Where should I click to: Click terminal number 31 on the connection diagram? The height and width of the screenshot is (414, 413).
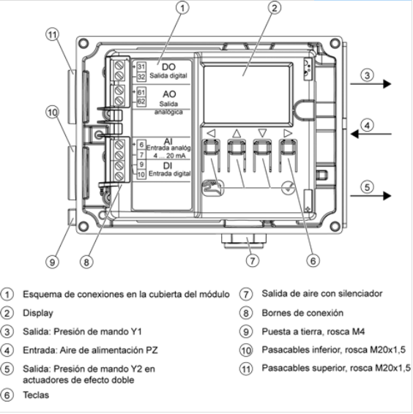point(141,67)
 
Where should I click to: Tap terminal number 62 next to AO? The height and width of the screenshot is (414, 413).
point(141,102)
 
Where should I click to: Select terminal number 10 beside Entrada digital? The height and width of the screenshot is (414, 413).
point(141,175)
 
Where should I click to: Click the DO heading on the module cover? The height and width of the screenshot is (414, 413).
point(168,67)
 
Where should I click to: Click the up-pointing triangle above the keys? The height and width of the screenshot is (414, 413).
point(237,134)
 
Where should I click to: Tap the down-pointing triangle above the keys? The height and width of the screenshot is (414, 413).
point(262,133)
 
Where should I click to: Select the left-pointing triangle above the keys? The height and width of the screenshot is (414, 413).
point(211,133)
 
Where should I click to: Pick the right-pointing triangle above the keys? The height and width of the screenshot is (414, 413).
point(288,133)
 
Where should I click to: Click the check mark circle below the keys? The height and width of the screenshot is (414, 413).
point(288,188)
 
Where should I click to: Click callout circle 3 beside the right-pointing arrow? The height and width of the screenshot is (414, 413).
point(368,75)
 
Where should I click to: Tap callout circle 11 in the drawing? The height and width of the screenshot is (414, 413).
point(52,35)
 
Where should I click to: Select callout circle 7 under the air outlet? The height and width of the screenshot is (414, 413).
point(253,260)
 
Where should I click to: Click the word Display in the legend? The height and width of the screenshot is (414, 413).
point(38,313)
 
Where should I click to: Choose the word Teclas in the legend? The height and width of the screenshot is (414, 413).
point(36,395)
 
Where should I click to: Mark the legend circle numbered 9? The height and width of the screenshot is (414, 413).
point(246,331)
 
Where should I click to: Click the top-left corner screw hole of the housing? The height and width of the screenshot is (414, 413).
point(83,43)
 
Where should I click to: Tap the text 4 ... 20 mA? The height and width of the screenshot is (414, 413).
point(170,156)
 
